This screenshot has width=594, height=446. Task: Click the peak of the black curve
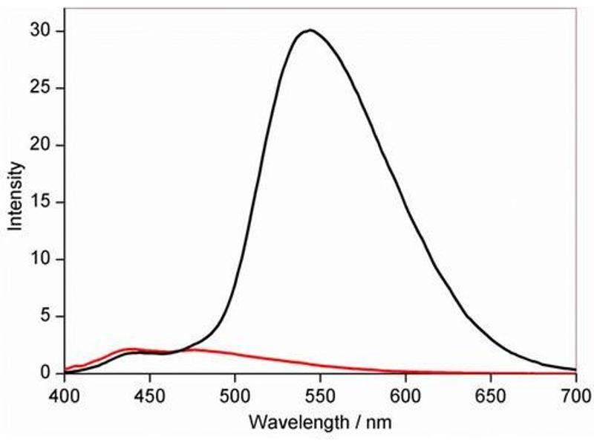click(310, 30)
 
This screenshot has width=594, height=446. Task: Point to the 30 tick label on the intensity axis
click(42, 31)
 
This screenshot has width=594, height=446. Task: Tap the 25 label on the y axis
click(42, 88)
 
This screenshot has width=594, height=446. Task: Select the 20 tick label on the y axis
click(42, 145)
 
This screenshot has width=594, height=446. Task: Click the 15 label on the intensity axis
click(42, 202)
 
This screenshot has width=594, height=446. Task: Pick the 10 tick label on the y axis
click(42, 259)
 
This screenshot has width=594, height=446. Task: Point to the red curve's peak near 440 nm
click(132, 349)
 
